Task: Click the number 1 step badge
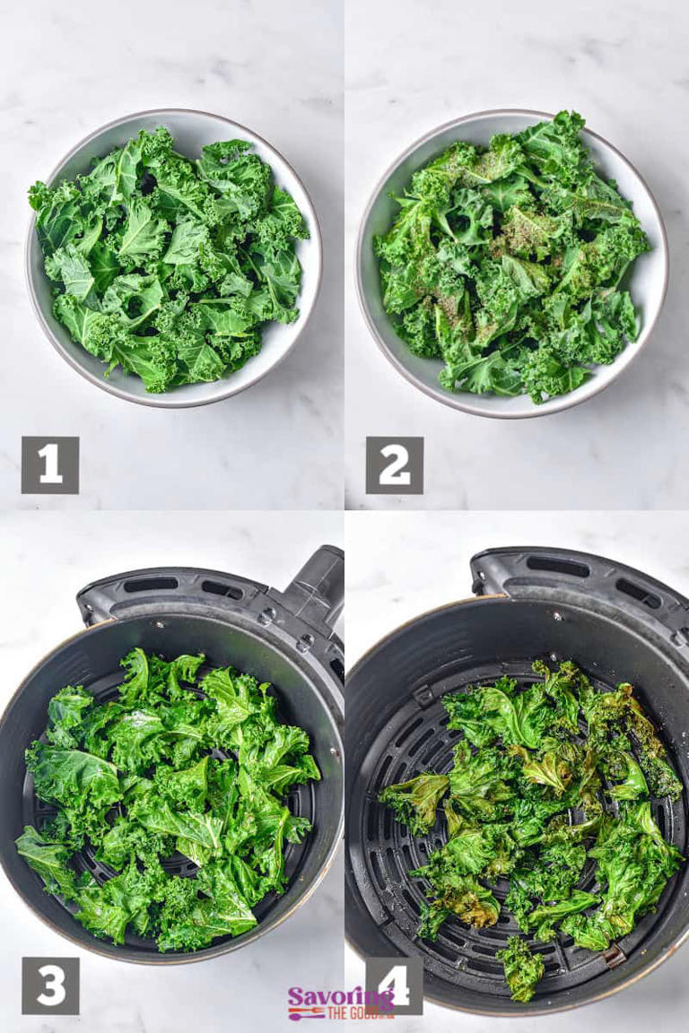point(50,464)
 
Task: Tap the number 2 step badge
point(394,464)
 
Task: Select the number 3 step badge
point(50,985)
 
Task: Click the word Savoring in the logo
point(340,996)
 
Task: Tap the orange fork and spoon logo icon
point(306,1013)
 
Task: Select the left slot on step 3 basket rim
point(150,585)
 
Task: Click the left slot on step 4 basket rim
point(557,566)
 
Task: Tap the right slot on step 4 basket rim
point(638,593)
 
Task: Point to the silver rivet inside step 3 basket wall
point(266,616)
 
